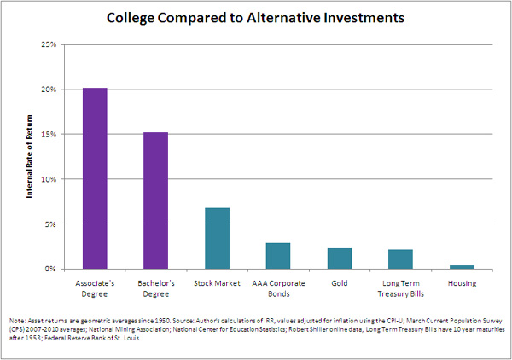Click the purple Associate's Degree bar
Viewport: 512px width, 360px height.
click(x=95, y=178)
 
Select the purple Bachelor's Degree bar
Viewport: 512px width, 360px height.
click(x=156, y=200)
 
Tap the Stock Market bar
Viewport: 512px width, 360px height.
click(x=218, y=238)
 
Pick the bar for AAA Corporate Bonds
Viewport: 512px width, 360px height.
click(x=278, y=256)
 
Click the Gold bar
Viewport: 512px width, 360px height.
click(x=340, y=258)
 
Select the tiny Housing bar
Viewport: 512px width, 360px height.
click(x=463, y=267)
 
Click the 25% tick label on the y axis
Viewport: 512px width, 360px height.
click(x=49, y=44)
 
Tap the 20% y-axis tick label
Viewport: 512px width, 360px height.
click(x=49, y=90)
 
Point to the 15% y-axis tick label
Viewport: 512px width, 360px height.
click(x=49, y=134)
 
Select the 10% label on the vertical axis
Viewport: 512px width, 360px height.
click(x=49, y=179)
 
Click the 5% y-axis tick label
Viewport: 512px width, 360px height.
click(x=51, y=224)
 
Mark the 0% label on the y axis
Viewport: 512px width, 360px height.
click(x=51, y=269)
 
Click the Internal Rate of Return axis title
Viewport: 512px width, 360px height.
click(x=28, y=157)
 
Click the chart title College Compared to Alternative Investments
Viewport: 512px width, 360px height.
click(x=255, y=16)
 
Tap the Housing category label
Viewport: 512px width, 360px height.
click(x=463, y=283)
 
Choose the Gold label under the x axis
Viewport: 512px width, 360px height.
click(x=340, y=283)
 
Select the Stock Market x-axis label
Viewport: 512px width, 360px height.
click(x=218, y=283)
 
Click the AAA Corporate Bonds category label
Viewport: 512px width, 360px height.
click(x=278, y=288)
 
